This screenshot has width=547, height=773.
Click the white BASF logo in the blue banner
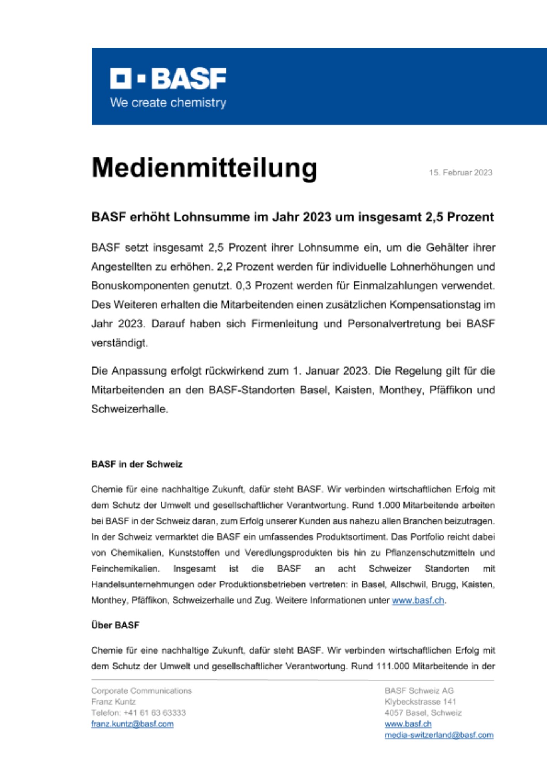[x=168, y=78]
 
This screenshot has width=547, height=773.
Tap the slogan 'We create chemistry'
[x=168, y=103]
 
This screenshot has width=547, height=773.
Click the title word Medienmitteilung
[x=204, y=168]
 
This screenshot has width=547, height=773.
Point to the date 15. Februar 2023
[x=460, y=172]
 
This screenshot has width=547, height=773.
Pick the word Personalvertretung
[x=394, y=324]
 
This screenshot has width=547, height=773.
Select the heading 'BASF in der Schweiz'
[x=137, y=464]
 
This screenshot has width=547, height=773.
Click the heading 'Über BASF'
[x=115, y=625]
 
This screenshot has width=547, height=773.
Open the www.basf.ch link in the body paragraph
[x=418, y=601]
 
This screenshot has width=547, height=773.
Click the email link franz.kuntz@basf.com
[x=132, y=724]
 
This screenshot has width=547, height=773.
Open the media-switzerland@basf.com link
[x=439, y=735]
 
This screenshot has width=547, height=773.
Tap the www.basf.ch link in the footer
[x=408, y=724]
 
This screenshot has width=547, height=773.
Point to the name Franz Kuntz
[x=113, y=702]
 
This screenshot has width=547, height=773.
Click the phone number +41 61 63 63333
[x=154, y=713]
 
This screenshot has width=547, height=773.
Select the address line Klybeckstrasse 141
[x=420, y=702]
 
